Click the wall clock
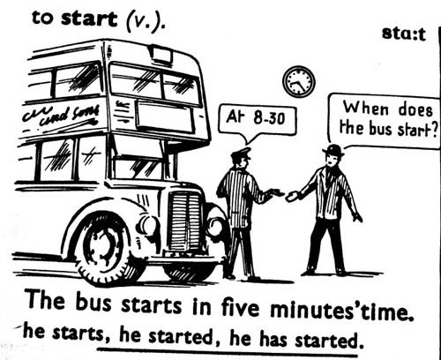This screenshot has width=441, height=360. click(x=299, y=82)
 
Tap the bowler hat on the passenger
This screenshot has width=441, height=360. click(x=333, y=150)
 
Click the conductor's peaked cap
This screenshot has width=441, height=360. click(x=242, y=154)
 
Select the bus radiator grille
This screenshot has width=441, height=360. click(x=186, y=221)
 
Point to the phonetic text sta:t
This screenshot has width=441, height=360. click(x=404, y=34)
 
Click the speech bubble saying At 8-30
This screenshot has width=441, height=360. click(x=257, y=121)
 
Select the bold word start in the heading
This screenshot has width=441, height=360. click(x=89, y=19)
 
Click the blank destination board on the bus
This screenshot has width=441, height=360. click(x=165, y=116)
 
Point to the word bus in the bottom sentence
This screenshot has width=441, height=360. click(x=93, y=303)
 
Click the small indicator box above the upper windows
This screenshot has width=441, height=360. click(x=161, y=54)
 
